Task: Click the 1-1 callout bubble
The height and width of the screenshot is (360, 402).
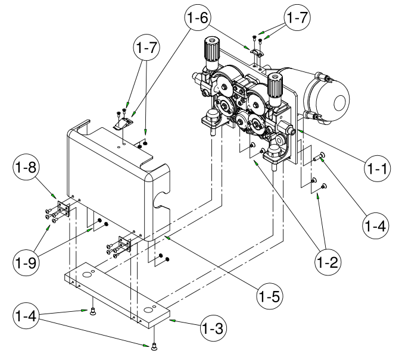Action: pos(376,168)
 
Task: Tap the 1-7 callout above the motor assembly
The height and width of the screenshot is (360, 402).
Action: pos(296,18)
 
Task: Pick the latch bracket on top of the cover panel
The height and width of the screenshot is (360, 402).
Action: pos(124,122)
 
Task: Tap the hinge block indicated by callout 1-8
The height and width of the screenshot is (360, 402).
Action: pos(63,209)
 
